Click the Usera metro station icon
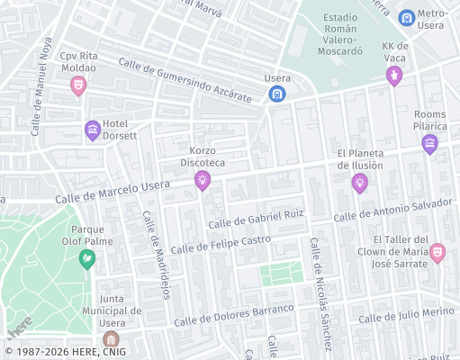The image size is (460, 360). click(278, 94)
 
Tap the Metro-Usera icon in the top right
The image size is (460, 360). click(407, 17)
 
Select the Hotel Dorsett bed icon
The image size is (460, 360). click(92, 130)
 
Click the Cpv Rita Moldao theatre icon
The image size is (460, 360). click(78, 85)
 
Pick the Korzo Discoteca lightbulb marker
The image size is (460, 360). click(203, 181)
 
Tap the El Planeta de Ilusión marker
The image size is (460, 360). click(360, 184)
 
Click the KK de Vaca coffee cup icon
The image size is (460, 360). click(393, 76)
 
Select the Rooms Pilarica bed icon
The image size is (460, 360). click(429, 143)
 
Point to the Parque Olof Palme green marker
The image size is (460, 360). click(87, 259)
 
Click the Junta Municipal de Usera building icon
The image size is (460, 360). click(111, 339)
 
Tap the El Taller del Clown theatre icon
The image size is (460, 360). click(437, 252)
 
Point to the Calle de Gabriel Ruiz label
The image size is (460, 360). click(256, 218)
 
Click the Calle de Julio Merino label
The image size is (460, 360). click(406, 314)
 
